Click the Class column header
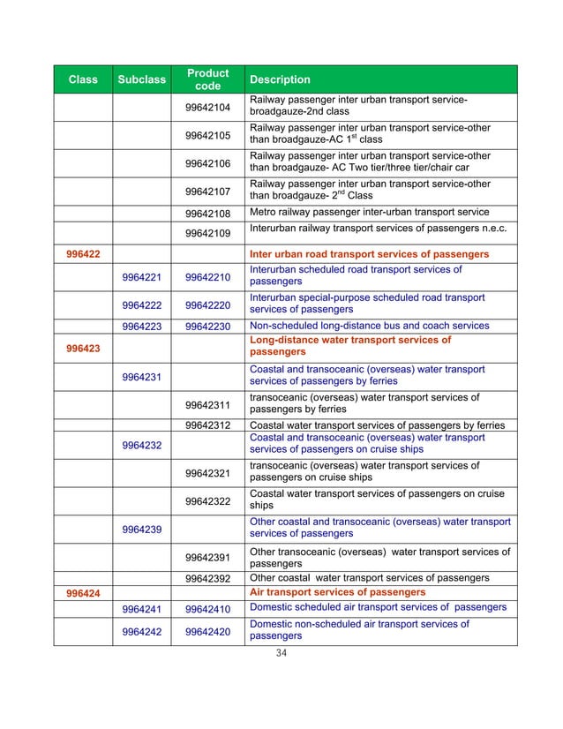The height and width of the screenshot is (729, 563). [x=83, y=80]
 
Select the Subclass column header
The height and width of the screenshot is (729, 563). [x=143, y=80]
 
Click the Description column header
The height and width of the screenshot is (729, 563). [x=280, y=80]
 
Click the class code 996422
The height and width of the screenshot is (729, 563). [x=83, y=254]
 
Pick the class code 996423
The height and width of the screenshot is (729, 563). [x=83, y=348]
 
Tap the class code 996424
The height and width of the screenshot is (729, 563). [x=83, y=593]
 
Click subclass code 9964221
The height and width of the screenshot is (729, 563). [x=143, y=277]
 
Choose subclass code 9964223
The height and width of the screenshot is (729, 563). [x=143, y=326]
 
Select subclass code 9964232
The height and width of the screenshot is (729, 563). [x=143, y=445]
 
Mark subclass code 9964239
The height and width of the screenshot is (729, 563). [x=143, y=530]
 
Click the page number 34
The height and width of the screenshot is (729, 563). [x=282, y=654]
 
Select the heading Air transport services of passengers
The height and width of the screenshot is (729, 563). [x=338, y=592]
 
